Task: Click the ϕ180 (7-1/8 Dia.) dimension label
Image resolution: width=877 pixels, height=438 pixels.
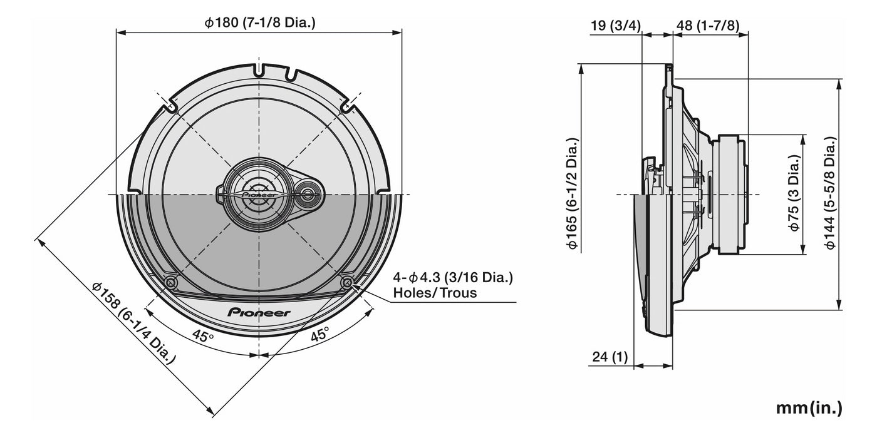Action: (x=259, y=23)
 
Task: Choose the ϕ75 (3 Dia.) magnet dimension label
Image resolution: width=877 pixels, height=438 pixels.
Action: (x=794, y=193)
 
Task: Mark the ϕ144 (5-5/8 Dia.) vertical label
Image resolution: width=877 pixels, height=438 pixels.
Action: (x=829, y=193)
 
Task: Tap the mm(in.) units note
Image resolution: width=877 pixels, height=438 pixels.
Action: (x=809, y=408)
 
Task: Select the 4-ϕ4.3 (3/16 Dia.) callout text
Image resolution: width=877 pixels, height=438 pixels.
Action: (x=452, y=277)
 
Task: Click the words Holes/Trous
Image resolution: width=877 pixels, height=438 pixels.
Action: (x=435, y=292)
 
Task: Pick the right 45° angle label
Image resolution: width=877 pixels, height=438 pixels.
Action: (x=319, y=335)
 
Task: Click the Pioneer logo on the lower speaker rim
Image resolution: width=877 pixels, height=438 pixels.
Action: (x=259, y=312)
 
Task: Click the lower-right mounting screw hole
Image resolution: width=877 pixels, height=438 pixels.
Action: (x=346, y=283)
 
